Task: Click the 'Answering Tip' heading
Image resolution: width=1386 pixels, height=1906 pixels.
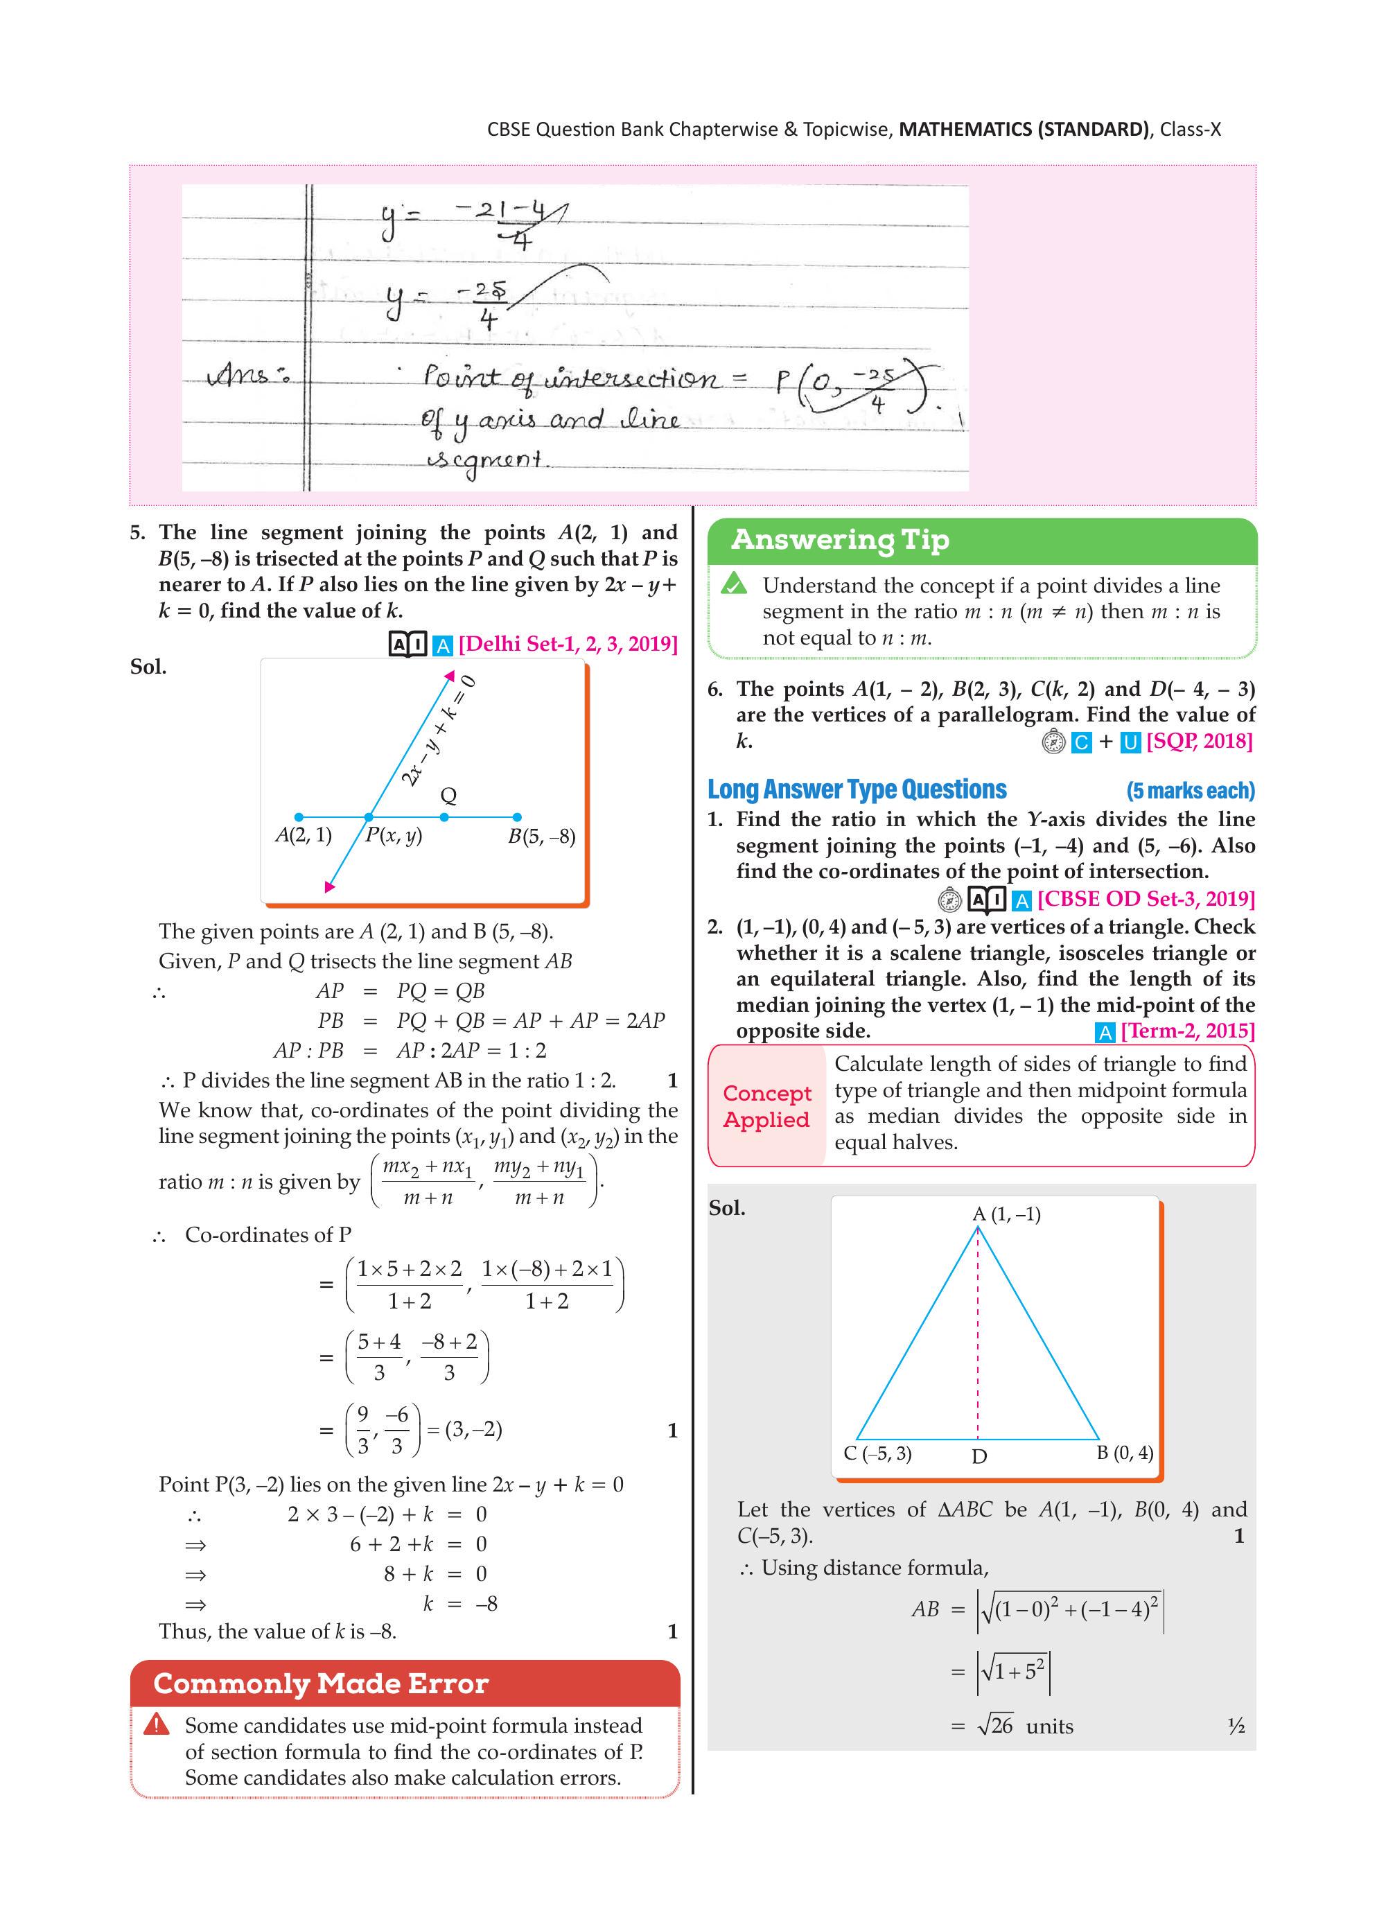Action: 840,539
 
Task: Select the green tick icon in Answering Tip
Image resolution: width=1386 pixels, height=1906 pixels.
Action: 734,582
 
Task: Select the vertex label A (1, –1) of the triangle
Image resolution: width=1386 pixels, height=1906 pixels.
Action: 1006,1214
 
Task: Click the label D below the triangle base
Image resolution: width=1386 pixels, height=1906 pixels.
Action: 979,1456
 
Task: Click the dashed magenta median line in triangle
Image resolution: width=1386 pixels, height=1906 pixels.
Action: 978,1345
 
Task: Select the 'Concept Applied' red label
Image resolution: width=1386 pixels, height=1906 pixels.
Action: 766,1106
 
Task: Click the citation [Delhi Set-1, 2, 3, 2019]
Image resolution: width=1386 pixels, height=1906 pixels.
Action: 568,644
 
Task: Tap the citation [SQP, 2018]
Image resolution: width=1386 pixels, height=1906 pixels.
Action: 1199,741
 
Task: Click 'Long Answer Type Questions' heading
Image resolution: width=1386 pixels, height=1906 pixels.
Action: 857,789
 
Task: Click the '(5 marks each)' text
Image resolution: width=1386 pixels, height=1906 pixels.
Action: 1190,791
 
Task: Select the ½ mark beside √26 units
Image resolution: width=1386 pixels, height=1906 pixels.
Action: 1236,1726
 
